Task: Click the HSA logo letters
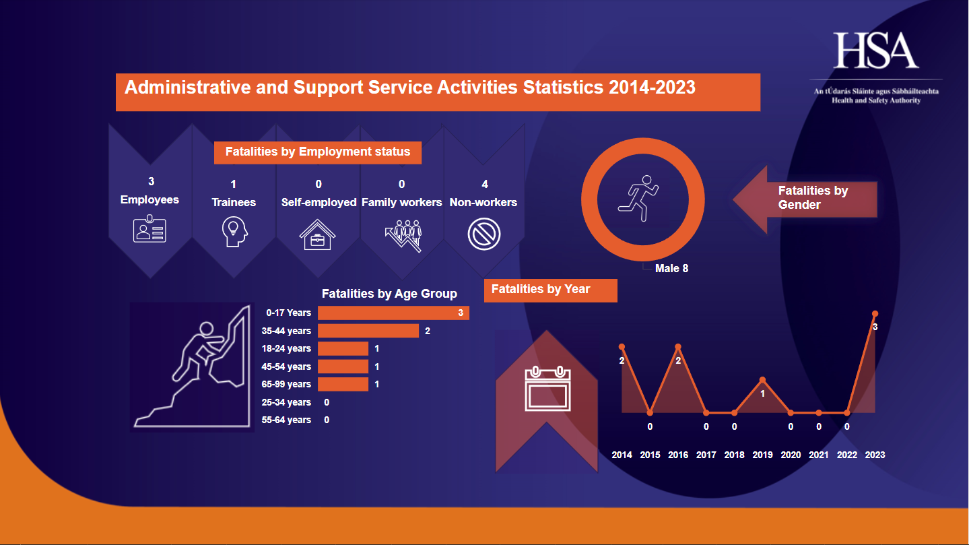coord(876,51)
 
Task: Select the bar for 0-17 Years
coord(393,313)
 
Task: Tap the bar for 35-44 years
coord(368,331)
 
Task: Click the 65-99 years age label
coord(286,384)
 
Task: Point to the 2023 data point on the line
coord(875,313)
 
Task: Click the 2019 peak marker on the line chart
coord(762,380)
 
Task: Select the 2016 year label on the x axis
coord(678,455)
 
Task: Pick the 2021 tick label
coord(819,455)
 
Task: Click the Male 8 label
coord(671,268)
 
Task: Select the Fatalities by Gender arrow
coord(805,199)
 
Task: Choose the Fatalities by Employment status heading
coord(318,152)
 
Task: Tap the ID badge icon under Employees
coord(149,229)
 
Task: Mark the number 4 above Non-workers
coord(485,184)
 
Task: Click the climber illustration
coord(192,367)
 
